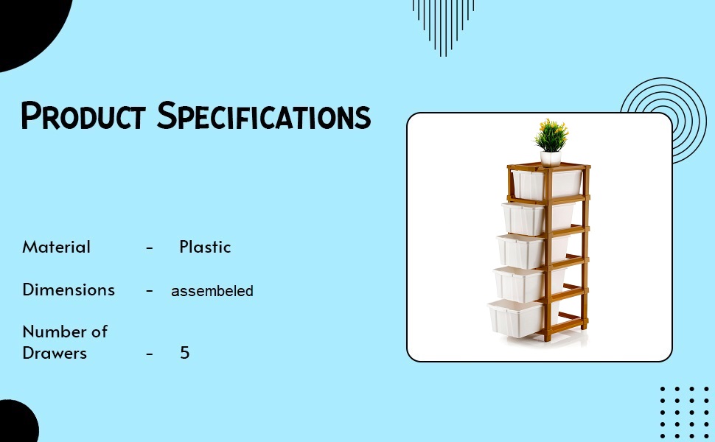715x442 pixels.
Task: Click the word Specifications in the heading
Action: coord(264,116)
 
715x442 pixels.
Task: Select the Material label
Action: coord(57,247)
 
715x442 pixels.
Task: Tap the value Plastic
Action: coord(205,247)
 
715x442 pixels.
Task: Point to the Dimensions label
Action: coord(69,290)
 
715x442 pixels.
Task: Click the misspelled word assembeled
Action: coord(212,291)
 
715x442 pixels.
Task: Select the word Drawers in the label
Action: coord(55,353)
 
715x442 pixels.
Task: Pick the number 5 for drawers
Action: coord(185,353)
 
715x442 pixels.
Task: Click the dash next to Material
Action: coord(150,248)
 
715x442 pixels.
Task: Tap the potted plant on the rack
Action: coord(551,136)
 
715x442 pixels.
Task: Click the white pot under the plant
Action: coord(551,158)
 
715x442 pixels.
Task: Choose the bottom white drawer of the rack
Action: coord(516,318)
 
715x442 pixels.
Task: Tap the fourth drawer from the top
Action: coord(520,284)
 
